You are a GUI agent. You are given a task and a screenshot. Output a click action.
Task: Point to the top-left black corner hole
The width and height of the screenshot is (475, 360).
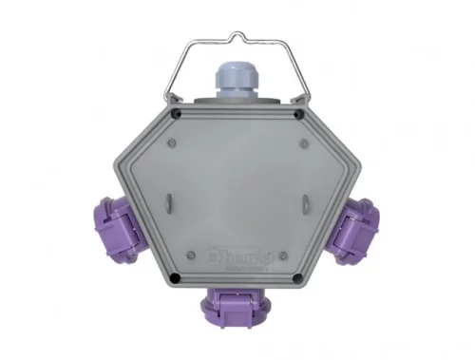point(178,113)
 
